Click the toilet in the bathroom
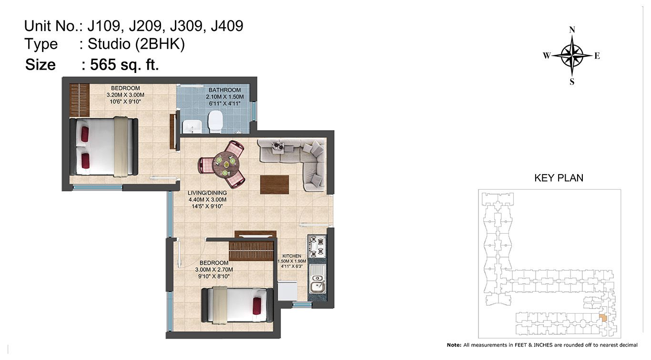pos(215,122)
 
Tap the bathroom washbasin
pos(192,126)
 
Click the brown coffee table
pos(275,185)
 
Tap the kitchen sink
pos(317,278)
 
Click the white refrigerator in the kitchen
pos(287,290)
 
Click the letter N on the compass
pos(572,30)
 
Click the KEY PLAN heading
pos(559,178)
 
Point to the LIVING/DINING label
pos(207,193)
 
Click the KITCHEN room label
pos(292,256)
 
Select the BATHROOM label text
pos(224,90)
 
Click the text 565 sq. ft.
pos(124,64)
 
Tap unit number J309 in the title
pos(186,26)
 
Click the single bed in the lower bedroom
pos(237,305)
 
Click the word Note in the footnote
pos(453,345)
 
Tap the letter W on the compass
pos(547,55)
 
